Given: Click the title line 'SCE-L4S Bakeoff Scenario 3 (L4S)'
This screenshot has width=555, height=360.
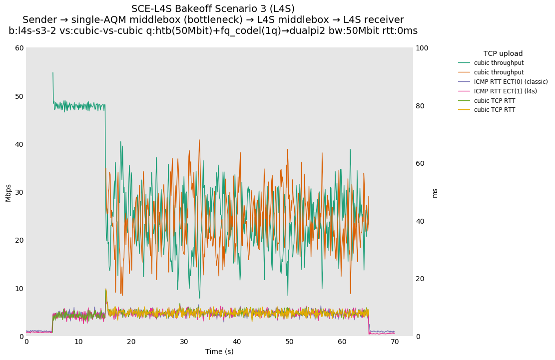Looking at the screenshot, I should click(x=213, y=9).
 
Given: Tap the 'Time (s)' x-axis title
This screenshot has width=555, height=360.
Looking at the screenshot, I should click(x=219, y=352).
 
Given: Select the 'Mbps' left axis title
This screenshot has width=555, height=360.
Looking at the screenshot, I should click(x=8, y=192).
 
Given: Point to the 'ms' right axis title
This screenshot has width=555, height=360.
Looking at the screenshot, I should click(x=435, y=193).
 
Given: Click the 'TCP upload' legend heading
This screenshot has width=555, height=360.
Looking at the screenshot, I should click(x=503, y=53).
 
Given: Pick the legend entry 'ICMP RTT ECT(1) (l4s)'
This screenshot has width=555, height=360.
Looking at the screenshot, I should click(x=505, y=91).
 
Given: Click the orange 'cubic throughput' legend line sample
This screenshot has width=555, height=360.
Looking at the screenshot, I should click(x=464, y=72).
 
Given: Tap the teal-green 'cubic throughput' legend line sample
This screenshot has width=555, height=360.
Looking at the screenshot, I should click(x=464, y=63).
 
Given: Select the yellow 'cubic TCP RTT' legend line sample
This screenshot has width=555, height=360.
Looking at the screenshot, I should click(x=464, y=110).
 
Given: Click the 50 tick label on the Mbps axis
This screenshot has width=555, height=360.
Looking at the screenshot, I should click(x=19, y=96).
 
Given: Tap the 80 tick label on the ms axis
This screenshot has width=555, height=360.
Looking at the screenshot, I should click(x=420, y=106).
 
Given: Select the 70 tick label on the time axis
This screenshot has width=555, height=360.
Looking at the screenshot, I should click(x=395, y=342).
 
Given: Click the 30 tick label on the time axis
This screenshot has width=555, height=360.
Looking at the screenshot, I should click(x=184, y=342).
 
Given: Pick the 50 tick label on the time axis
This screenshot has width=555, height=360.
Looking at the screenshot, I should click(x=289, y=342).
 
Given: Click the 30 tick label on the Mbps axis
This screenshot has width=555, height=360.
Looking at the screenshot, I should click(x=19, y=192).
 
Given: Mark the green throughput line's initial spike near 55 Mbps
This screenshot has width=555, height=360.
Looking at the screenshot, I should click(x=52, y=73).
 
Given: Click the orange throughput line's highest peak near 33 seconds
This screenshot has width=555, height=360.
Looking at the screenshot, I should click(x=199, y=140).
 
